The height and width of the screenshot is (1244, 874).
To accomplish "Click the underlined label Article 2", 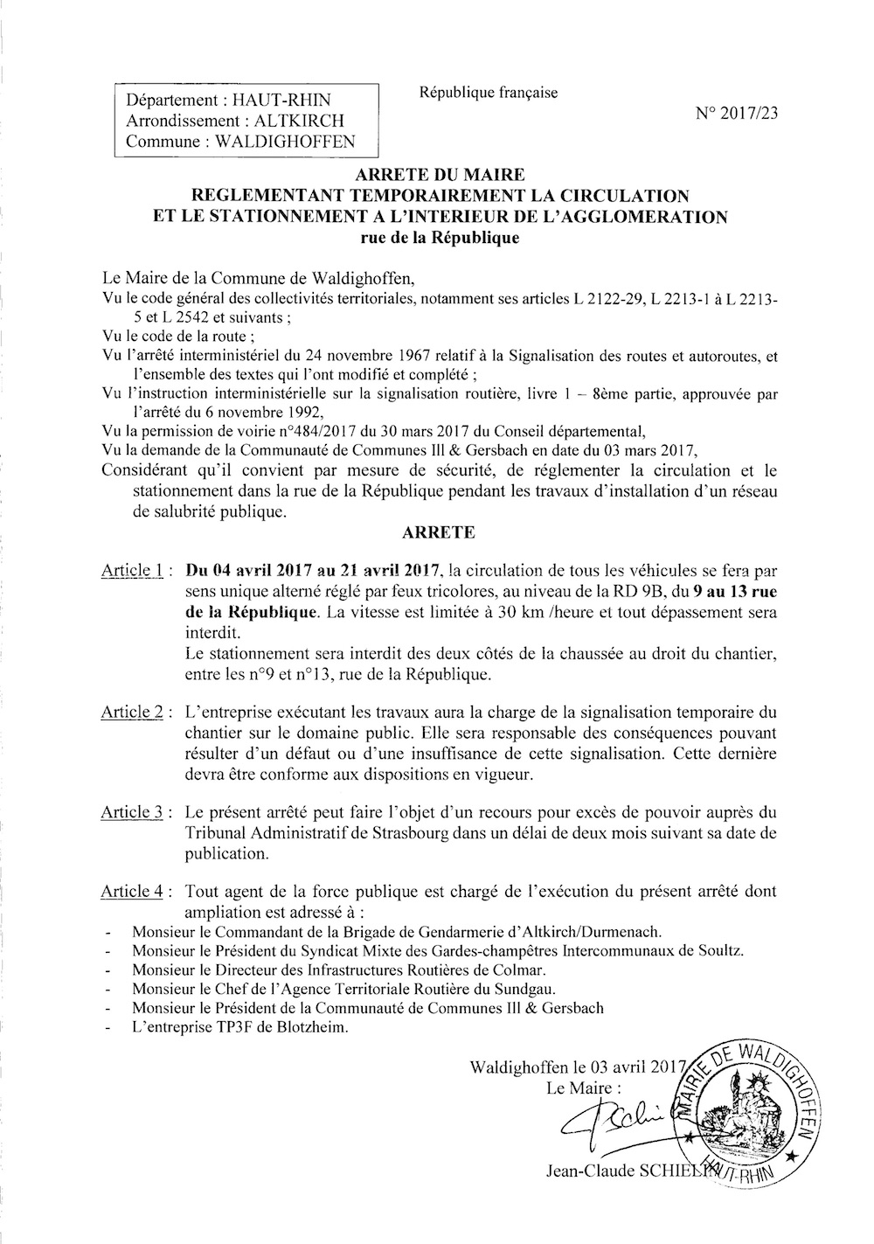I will pos(135,712).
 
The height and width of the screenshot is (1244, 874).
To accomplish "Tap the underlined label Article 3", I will pos(135,813).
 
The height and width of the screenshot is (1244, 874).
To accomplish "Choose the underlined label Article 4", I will pos(135,892).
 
